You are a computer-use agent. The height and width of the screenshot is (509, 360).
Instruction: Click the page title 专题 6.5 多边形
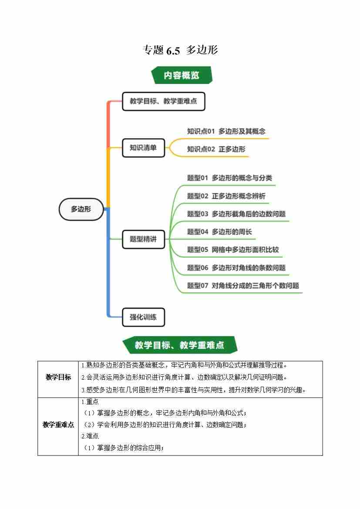[180, 50]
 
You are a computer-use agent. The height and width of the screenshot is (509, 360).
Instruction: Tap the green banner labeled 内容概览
[182, 75]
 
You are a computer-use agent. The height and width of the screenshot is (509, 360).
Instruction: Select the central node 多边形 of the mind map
[81, 209]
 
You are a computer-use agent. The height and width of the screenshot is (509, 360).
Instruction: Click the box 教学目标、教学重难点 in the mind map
[163, 101]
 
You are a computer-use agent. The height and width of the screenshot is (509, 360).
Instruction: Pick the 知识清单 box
[143, 148]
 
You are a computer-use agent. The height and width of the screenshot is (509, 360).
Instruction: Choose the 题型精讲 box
[143, 239]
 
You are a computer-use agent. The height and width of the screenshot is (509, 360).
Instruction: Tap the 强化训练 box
[143, 317]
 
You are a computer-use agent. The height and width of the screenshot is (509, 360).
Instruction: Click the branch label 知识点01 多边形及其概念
[226, 131]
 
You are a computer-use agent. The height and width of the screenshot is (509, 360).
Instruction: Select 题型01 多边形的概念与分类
[229, 178]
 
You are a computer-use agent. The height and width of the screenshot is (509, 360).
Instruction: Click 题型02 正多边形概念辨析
[226, 196]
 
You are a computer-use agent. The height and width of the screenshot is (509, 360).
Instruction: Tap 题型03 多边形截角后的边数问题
[236, 214]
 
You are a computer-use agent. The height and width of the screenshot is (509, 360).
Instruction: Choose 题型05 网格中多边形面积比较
[233, 249]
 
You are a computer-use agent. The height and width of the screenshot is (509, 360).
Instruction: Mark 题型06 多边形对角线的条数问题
[236, 268]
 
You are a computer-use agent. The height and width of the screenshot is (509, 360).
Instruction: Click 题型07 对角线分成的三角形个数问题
[243, 286]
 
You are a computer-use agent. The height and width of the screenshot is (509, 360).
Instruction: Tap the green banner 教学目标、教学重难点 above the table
[179, 345]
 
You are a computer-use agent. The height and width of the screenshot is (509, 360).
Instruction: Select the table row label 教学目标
[58, 377]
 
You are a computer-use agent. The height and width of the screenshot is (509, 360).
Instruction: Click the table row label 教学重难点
[58, 425]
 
